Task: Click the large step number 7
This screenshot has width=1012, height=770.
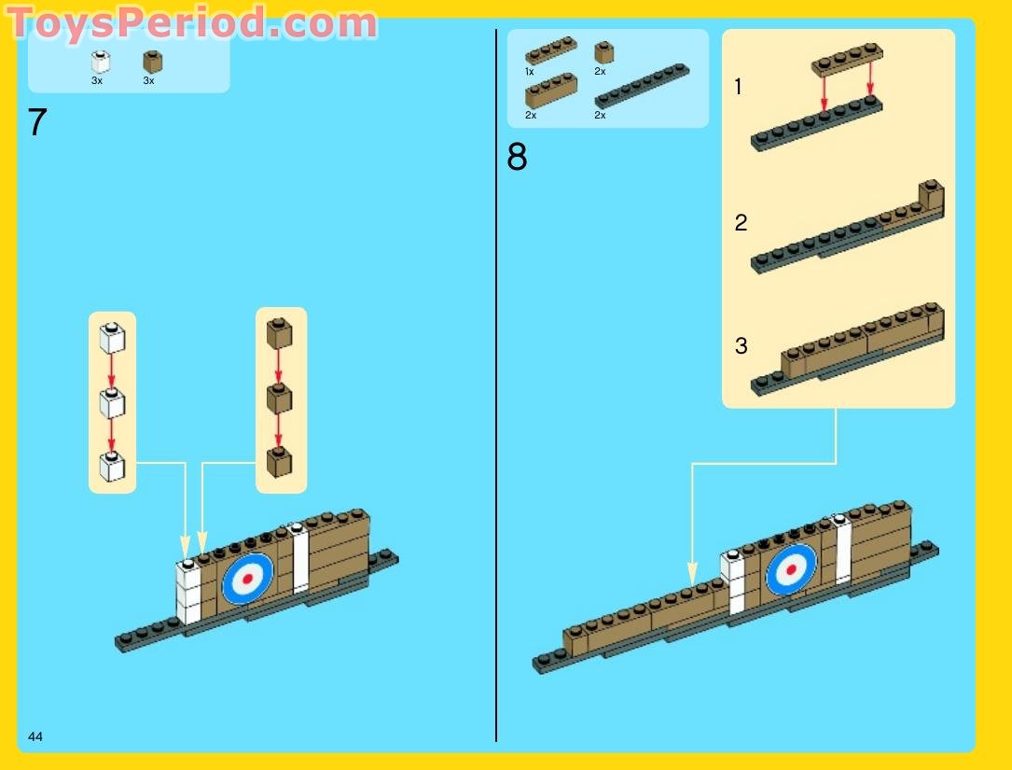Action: [37, 123]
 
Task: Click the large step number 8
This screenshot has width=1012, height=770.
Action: [517, 158]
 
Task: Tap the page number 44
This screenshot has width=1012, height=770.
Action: [35, 737]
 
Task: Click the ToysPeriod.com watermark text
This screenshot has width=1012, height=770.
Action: [193, 22]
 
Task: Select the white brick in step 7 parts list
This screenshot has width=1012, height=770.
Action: [100, 63]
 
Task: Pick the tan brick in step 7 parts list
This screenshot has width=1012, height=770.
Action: [152, 62]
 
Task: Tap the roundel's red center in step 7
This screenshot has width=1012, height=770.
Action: [247, 579]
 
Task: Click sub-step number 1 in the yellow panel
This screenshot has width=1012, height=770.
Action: [739, 88]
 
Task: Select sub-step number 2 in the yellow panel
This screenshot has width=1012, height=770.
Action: [741, 223]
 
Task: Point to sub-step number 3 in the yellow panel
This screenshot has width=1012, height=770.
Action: [741, 346]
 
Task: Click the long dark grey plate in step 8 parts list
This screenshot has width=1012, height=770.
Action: [641, 86]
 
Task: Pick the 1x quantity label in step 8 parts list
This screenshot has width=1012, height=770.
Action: [529, 72]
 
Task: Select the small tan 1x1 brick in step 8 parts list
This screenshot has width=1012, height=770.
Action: [604, 52]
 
